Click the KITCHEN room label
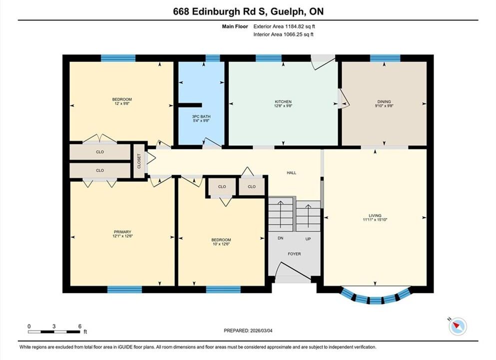(x=283, y=101)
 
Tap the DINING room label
(x=384, y=101)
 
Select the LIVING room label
(x=375, y=215)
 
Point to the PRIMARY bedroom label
(x=122, y=232)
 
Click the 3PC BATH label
(x=201, y=116)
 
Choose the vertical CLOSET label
(x=139, y=161)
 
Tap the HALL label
(x=291, y=172)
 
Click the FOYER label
(x=294, y=254)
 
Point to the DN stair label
(x=280, y=238)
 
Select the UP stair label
(x=308, y=239)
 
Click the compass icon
(x=458, y=326)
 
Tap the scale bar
(x=54, y=332)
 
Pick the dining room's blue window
(x=385, y=58)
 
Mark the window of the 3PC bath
(x=213, y=58)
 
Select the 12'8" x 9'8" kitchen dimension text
(x=283, y=106)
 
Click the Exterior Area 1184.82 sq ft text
(x=284, y=26)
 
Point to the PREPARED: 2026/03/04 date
(x=248, y=330)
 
